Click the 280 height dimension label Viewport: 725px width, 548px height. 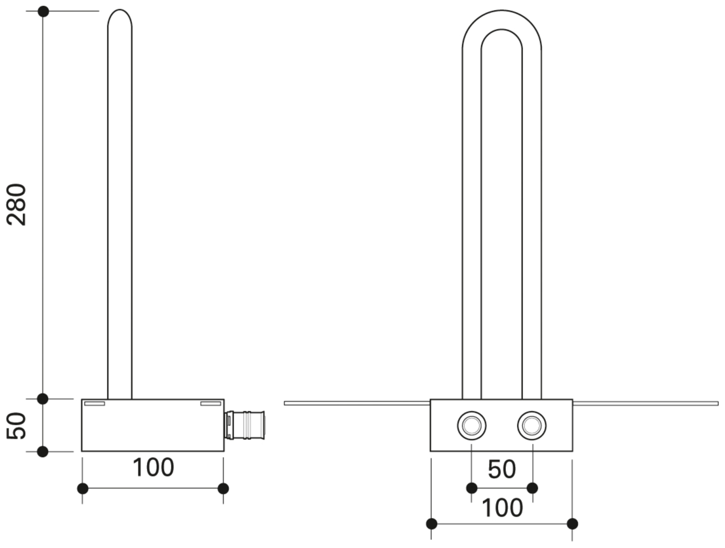coord(17,205)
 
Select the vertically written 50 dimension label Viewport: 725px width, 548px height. coord(17,425)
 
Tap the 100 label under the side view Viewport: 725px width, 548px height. coord(153,467)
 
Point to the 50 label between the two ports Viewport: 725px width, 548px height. coord(501,469)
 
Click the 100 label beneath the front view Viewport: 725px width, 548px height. coord(501,507)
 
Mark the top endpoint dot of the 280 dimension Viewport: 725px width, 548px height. coord(43,11)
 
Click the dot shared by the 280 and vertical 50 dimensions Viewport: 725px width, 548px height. coord(43,399)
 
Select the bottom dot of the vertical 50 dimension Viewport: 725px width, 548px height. coord(43,452)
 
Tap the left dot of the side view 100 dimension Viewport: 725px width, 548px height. coord(82,489)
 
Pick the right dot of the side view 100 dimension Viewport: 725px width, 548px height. coord(224,489)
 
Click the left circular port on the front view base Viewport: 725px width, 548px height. coord(471,425)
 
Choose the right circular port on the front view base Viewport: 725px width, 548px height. coord(532,425)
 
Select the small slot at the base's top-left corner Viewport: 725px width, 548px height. coord(94,404)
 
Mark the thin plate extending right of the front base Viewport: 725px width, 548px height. coord(645,403)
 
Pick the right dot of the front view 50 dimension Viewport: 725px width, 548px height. coord(532,488)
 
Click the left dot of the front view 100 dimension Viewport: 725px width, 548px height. coord(432,524)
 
